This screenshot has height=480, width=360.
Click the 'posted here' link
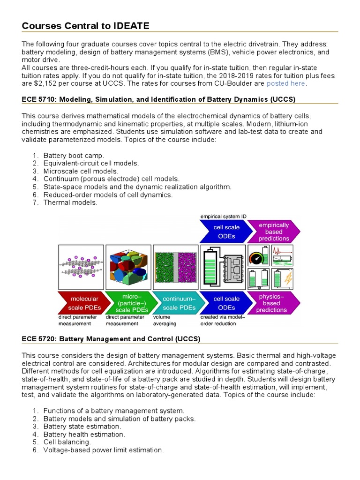click(286, 83)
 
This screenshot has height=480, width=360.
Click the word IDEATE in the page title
click(131, 25)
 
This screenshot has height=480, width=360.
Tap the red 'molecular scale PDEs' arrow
click(80, 302)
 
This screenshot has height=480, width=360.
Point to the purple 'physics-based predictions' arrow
click(273, 302)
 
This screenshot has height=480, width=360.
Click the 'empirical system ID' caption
click(224, 216)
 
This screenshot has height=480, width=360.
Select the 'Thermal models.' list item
click(70, 202)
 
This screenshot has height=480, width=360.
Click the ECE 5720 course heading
click(112, 338)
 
